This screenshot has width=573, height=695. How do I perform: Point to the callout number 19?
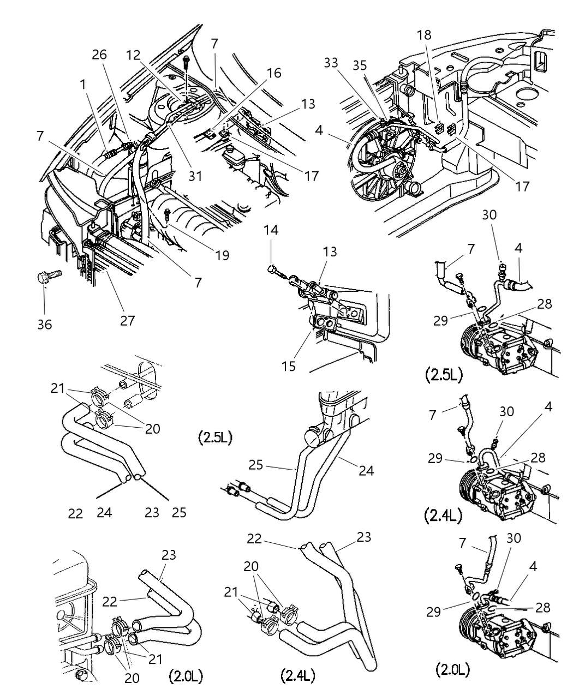click(222, 255)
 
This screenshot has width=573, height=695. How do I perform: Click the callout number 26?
click(100, 55)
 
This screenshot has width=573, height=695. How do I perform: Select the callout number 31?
click(195, 176)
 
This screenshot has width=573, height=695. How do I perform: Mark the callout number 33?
click(346, 63)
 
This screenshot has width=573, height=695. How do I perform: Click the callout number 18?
click(424, 35)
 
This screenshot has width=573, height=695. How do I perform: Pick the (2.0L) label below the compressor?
click(452, 669)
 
